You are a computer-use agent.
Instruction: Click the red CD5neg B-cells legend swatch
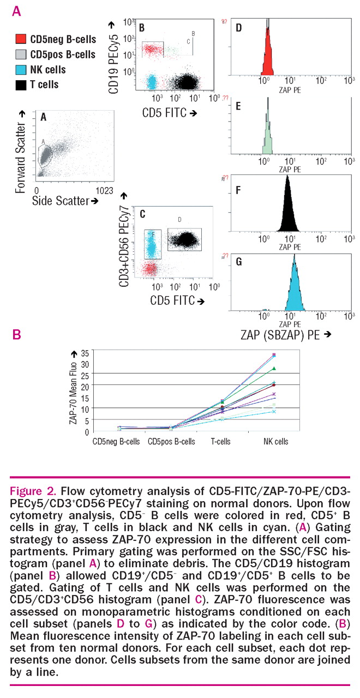(21, 39)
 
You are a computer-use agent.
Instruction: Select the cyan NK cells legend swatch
(21, 70)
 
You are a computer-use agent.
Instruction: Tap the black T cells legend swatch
(21, 85)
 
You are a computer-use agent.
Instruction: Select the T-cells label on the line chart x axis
(221, 441)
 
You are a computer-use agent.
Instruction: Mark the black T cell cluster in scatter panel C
(186, 238)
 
